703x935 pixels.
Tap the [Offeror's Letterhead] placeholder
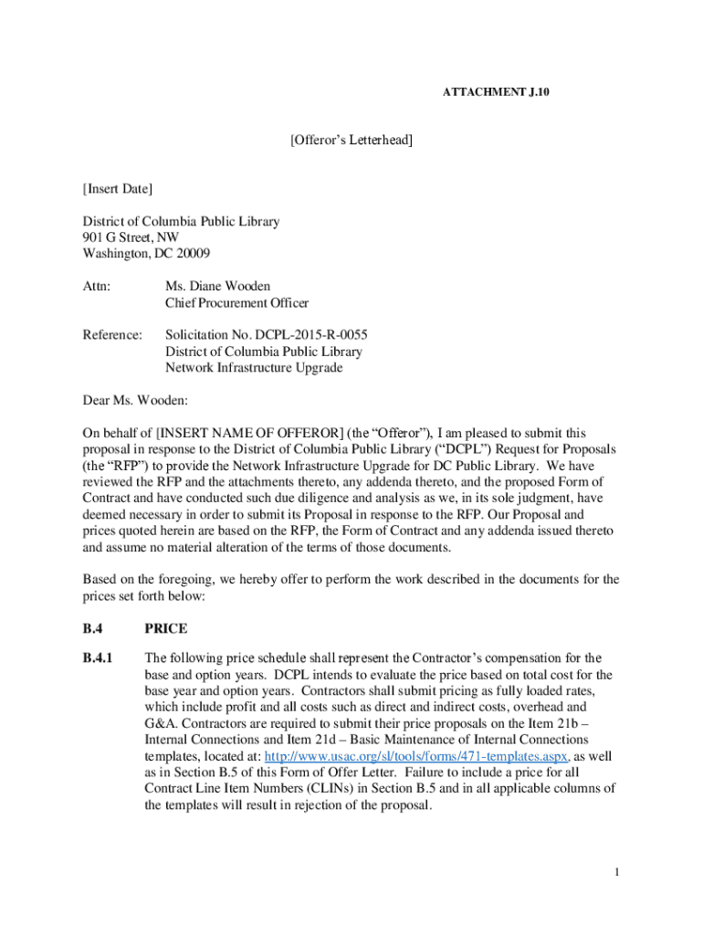point(351,140)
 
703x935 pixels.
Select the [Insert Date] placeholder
point(118,189)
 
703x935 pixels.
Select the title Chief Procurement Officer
point(236,303)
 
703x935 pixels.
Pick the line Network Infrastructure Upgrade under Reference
point(254,368)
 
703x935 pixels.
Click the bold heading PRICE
point(165,628)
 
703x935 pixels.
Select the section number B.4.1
point(97,657)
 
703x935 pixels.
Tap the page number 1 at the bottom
point(617,872)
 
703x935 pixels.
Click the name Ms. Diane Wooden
point(217,287)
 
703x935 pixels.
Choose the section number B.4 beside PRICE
point(92,628)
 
